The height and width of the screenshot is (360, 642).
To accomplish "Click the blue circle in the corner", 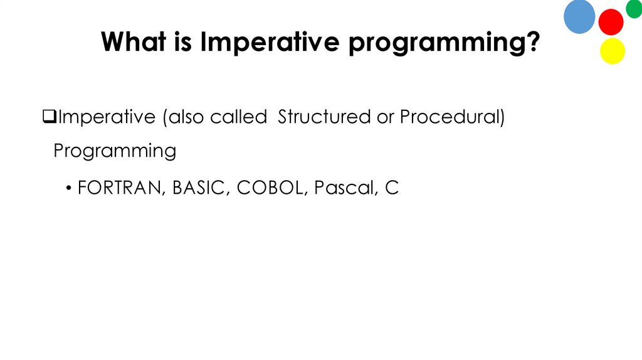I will [579, 16].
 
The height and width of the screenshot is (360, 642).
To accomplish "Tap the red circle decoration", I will [611, 22].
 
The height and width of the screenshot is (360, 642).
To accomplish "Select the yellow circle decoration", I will [613, 51].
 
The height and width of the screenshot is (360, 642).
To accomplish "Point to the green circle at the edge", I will [634, 8].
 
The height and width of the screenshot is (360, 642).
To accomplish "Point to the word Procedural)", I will [452, 117].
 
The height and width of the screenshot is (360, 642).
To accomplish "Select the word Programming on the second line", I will [115, 151].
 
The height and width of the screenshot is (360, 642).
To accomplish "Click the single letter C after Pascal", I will [392, 188].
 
